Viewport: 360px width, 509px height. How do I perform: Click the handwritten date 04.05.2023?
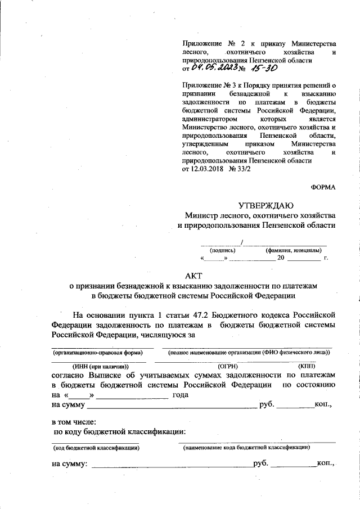click(x=215, y=67)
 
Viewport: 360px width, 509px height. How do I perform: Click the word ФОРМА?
click(x=323, y=186)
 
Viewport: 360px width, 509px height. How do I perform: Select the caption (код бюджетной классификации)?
click(x=96, y=448)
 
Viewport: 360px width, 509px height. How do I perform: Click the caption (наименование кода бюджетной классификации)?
click(x=247, y=448)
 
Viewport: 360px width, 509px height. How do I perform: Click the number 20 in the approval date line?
click(x=282, y=259)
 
